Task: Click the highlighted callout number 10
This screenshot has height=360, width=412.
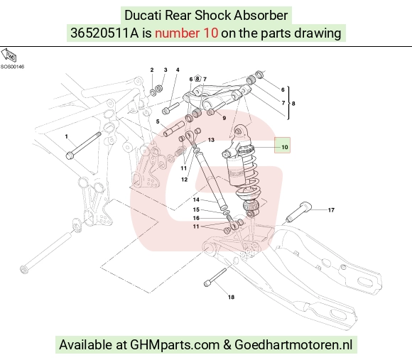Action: click(x=285, y=147)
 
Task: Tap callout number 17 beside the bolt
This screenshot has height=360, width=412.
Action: click(x=331, y=210)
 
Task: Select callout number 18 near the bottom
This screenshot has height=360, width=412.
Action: click(x=231, y=297)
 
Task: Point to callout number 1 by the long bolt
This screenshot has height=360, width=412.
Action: click(x=66, y=136)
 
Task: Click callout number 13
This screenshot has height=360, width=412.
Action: click(x=211, y=140)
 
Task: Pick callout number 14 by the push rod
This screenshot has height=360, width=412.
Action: click(x=196, y=200)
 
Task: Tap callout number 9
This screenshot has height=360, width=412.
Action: click(x=224, y=118)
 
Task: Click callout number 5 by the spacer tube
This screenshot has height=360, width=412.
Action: click(x=158, y=121)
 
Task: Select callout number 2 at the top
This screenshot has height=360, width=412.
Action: click(x=152, y=70)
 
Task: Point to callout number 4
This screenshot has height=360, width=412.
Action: click(x=178, y=70)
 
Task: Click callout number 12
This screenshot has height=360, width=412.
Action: click(x=184, y=180)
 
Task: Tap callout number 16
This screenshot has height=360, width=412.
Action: click(x=196, y=218)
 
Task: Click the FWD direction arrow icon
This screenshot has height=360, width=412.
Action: click(x=9, y=55)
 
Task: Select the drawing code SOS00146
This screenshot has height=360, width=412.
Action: click(x=12, y=67)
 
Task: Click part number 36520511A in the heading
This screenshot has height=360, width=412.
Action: click(x=104, y=33)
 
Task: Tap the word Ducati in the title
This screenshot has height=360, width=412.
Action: click(x=143, y=15)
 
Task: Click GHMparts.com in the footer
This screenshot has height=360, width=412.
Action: click(x=175, y=344)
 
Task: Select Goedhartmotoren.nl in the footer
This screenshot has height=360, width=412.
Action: click(x=293, y=344)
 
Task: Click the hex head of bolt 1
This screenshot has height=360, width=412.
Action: click(x=70, y=156)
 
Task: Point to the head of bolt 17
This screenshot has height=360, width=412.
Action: click(x=305, y=206)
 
